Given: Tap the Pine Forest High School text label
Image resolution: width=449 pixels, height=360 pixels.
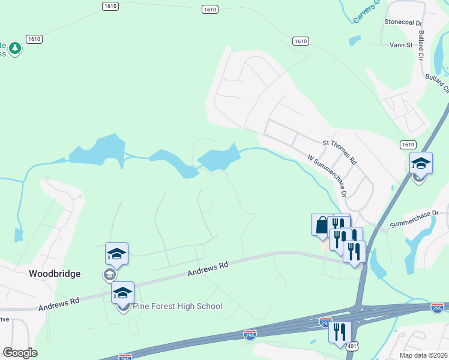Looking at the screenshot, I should [177, 306].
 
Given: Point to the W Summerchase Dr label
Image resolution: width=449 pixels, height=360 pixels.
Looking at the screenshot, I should [327, 176].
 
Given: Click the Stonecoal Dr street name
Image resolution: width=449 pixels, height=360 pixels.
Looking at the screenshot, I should [404, 22].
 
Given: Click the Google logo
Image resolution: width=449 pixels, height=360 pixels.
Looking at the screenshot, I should [20, 353].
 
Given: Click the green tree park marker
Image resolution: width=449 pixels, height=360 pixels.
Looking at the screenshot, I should [16, 48].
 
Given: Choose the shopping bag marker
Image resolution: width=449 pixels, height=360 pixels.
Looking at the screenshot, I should [321, 225].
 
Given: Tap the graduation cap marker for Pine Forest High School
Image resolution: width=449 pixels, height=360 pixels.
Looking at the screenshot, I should [123, 293].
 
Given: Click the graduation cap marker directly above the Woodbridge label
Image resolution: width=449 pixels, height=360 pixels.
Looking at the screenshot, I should [116, 254].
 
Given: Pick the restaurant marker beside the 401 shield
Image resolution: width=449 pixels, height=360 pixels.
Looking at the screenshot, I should [340, 332].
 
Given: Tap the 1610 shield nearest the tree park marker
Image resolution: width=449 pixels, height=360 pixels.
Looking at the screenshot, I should [34, 38].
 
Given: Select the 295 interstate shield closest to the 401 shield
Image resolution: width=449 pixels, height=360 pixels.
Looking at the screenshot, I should [325, 322].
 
